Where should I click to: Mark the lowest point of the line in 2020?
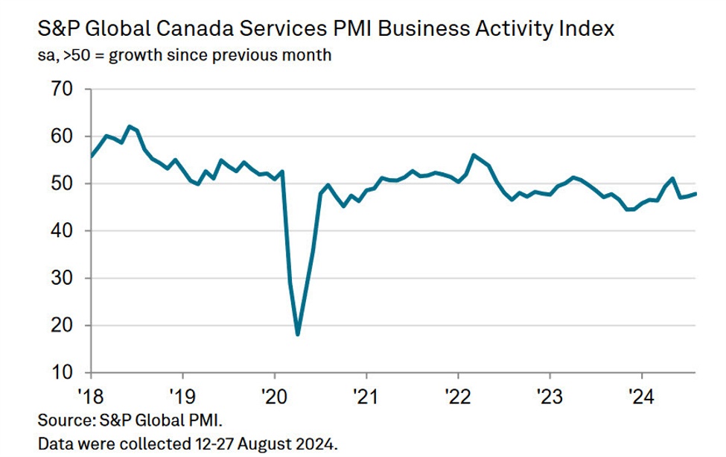point(298,335)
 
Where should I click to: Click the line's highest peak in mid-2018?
point(130,126)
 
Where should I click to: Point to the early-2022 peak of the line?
point(474,155)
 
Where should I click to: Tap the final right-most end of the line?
point(696,194)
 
